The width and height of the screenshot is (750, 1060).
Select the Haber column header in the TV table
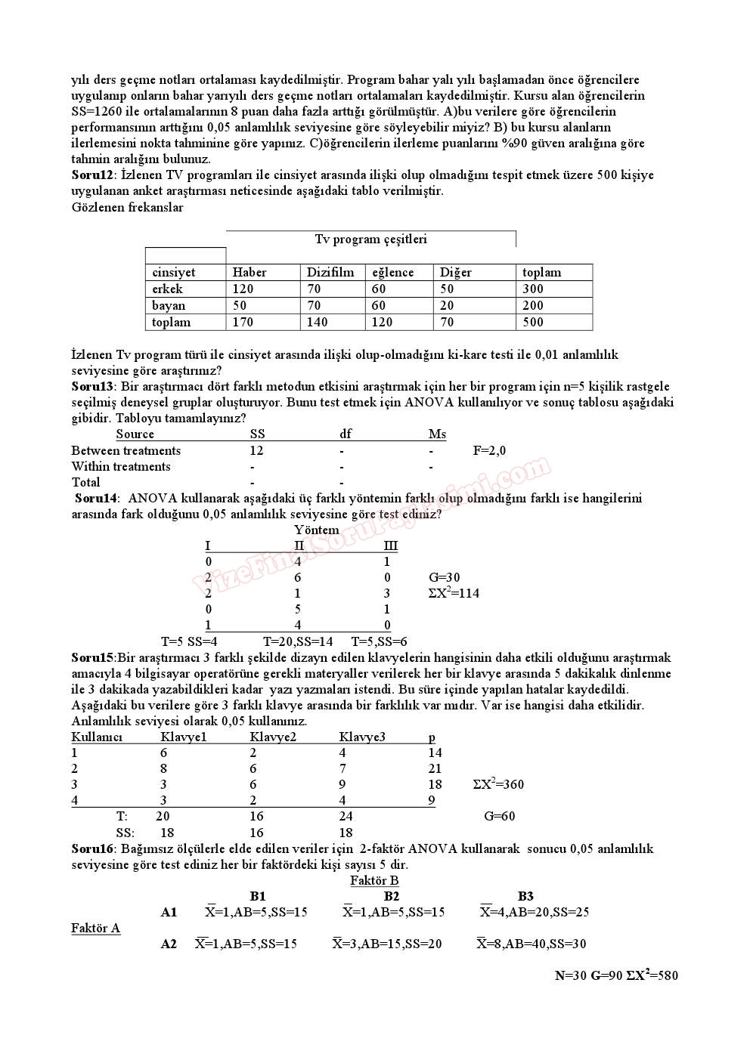pyautogui.click(x=249, y=273)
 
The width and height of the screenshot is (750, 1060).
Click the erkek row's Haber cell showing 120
pyautogui.click(x=243, y=289)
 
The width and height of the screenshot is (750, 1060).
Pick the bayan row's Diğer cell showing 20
pyautogui.click(x=448, y=306)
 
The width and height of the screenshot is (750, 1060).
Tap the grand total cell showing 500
pyautogui.click(x=533, y=323)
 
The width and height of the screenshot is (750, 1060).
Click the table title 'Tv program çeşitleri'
pyautogui.click(x=370, y=240)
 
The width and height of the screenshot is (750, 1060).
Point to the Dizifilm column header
pyautogui.click(x=330, y=273)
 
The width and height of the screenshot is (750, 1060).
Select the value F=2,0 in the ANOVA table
pyautogui.click(x=489, y=451)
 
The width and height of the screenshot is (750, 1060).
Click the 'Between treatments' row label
pyautogui.click(x=126, y=451)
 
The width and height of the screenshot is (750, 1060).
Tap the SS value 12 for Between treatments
pyautogui.click(x=256, y=451)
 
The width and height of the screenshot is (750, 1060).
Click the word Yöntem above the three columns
pyautogui.click(x=317, y=530)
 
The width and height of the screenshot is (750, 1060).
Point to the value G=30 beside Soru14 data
pyautogui.click(x=445, y=578)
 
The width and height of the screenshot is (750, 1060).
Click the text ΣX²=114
pyautogui.click(x=454, y=594)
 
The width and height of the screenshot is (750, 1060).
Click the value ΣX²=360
pyautogui.click(x=498, y=784)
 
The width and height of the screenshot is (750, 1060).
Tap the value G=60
pyautogui.click(x=500, y=817)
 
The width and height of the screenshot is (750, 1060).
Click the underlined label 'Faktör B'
pyautogui.click(x=374, y=881)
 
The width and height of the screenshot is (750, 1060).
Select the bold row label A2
pyautogui.click(x=169, y=944)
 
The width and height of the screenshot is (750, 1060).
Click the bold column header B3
pyautogui.click(x=525, y=897)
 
